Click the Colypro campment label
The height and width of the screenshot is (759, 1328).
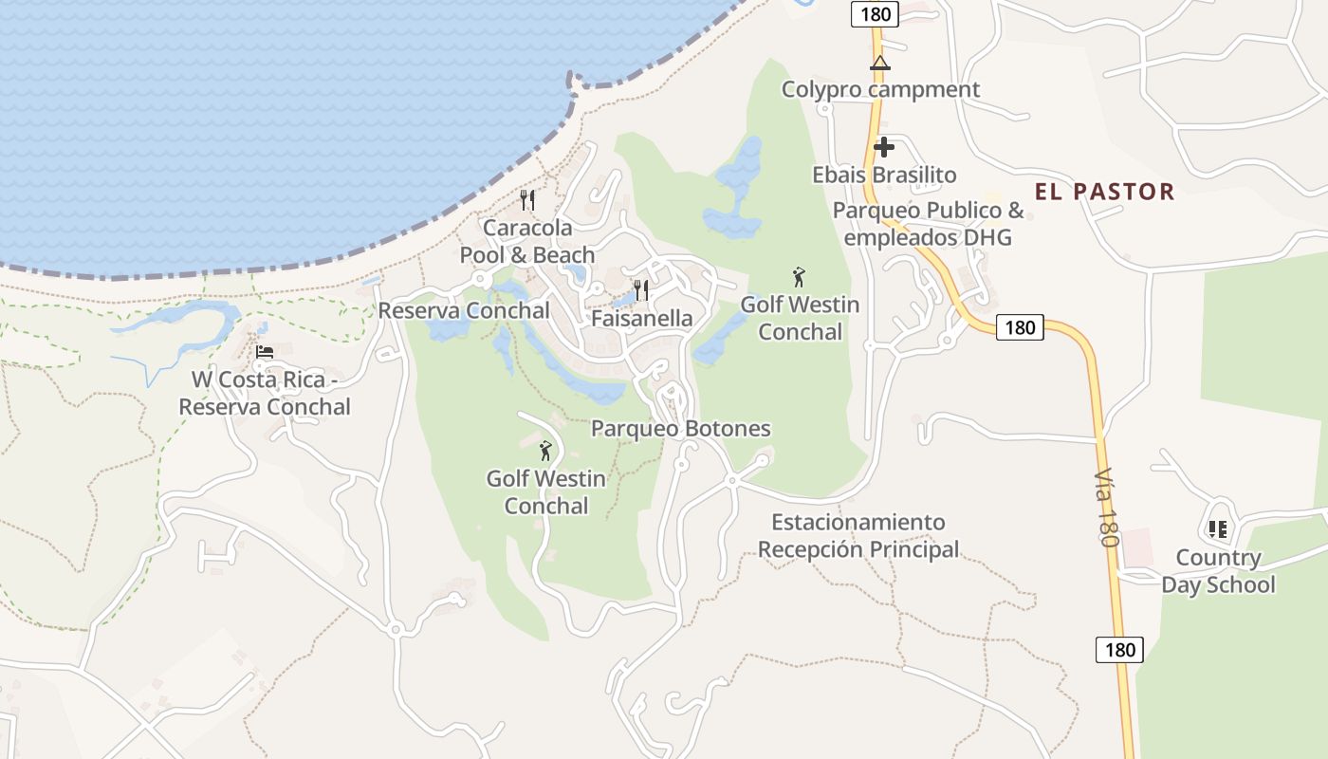[880, 89]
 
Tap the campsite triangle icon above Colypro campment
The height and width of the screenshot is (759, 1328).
[880, 64]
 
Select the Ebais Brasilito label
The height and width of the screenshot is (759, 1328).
[884, 175]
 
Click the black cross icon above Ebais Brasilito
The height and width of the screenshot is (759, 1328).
[884, 147]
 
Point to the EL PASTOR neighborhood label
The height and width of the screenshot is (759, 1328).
[1104, 192]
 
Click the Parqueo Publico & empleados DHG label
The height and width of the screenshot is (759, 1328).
[928, 224]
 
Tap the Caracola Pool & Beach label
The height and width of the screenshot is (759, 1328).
[527, 241]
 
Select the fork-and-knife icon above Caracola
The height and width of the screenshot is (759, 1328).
[527, 200]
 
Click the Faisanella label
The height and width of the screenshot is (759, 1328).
[642, 318]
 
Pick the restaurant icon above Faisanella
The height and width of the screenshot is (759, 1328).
[642, 289]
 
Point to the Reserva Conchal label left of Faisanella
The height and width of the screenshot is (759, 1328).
[464, 310]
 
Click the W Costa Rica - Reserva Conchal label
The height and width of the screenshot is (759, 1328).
[265, 393]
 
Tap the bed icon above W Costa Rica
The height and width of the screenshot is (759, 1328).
[265, 352]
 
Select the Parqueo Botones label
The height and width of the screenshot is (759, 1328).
[680, 429]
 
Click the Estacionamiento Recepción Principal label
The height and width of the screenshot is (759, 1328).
[858, 535]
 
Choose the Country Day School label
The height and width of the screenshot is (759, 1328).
[1218, 570]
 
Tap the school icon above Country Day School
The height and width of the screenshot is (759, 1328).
[1218, 529]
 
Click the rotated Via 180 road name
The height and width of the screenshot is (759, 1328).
[1106, 507]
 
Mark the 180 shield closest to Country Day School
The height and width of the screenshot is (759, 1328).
[1119, 650]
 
